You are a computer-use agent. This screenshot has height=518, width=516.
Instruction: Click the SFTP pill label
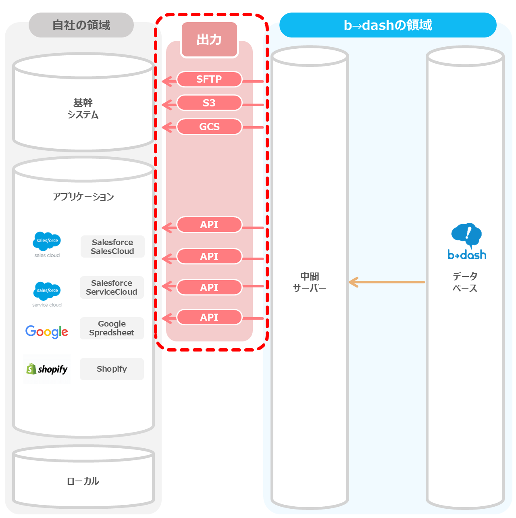pos(209,79)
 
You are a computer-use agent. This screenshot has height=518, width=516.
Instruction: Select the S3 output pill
pos(209,103)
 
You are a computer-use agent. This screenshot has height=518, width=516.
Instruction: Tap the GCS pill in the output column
pos(209,127)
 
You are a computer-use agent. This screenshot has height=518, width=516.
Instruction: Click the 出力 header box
pos(209,40)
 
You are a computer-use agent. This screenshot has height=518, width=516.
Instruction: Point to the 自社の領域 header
pos(81,25)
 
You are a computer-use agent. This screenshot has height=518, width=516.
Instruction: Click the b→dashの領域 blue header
pos(387,25)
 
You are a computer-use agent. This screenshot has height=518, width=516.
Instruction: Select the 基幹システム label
pos(83,109)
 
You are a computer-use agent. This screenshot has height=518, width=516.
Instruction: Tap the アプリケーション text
pos(83,197)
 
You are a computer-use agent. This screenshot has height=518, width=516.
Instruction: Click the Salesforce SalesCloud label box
pos(112,247)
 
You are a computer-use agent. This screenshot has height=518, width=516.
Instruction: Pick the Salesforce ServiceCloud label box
pos(112,287)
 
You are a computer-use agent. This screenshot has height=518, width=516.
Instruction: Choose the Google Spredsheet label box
pos(112,328)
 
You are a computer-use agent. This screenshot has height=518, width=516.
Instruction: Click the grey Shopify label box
pos(112,369)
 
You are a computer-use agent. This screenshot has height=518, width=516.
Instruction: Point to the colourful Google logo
pos(47,332)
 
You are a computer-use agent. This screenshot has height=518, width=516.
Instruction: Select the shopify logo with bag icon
pos(47,369)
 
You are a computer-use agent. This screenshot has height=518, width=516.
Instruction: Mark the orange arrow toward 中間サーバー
pos(387,282)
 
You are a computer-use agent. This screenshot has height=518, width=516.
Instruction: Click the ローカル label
pos(83,481)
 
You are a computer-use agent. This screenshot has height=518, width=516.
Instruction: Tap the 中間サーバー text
pos(310,282)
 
